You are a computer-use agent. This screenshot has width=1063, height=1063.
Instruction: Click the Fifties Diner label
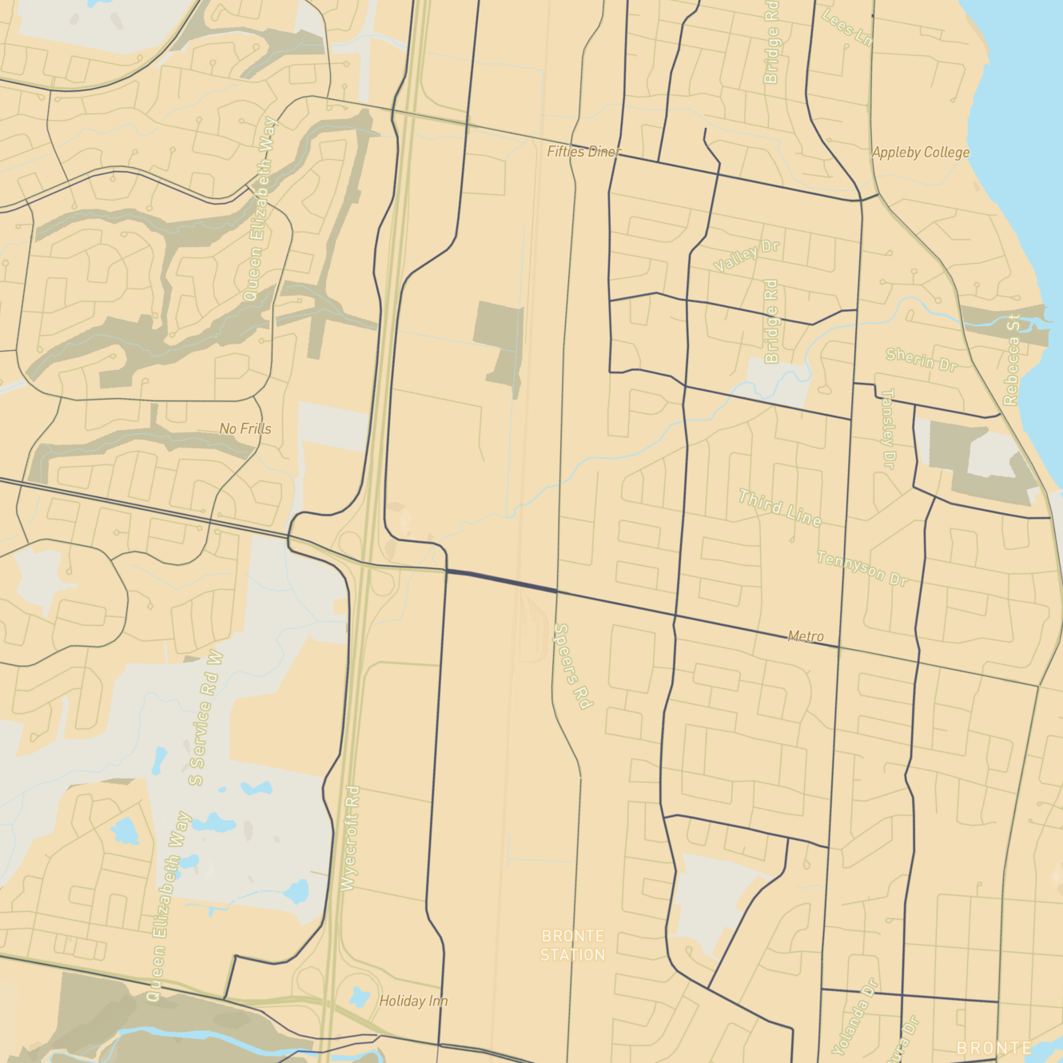[x=583, y=151]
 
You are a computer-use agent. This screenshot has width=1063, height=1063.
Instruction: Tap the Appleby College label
[x=920, y=152]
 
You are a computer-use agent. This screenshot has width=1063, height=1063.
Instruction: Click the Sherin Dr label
[x=921, y=359]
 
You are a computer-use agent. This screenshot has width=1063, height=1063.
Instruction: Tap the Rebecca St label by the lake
[x=1012, y=360]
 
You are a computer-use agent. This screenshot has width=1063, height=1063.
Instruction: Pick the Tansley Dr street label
[x=888, y=428]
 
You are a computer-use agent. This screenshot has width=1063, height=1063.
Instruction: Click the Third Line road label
[x=779, y=508]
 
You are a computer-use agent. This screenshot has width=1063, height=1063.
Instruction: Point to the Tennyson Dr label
[x=862, y=567]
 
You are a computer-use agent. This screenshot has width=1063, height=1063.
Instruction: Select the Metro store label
[x=806, y=636]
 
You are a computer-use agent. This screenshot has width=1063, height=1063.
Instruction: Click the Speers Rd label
[x=573, y=666]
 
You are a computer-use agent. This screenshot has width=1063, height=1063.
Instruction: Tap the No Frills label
[x=245, y=428]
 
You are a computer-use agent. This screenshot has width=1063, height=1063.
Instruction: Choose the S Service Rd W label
[x=205, y=718]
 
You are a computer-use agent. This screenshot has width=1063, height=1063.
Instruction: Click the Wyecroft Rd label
[x=350, y=838]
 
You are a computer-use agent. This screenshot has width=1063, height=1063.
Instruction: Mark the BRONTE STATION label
[x=572, y=945]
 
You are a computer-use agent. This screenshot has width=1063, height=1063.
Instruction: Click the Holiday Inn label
[x=413, y=1001]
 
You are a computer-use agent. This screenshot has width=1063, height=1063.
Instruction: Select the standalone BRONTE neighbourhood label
[x=993, y=1047]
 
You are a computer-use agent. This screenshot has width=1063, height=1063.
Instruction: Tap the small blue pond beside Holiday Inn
[x=360, y=997]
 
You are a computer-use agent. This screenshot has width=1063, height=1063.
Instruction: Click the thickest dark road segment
[x=501, y=581]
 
